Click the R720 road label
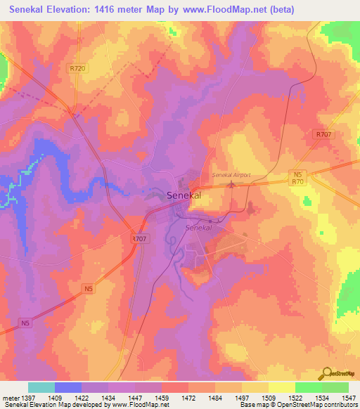coord(78,68)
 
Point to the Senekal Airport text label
coord(231,175)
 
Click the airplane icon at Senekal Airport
coord(232,185)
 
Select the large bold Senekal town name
coord(184,196)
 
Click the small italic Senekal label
coord(198,228)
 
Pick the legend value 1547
coord(349,398)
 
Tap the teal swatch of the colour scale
coord(41,387)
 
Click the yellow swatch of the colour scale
coord(282,387)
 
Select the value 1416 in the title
coord(111,10)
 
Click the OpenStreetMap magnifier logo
coord(328,373)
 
